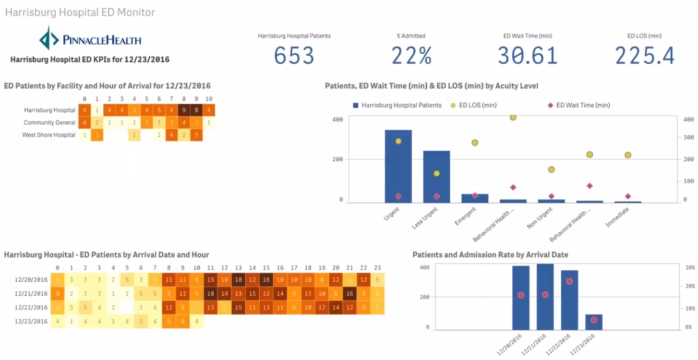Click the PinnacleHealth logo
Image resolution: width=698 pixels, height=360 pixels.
click(x=90, y=39)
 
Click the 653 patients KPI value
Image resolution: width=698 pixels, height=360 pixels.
click(x=294, y=56)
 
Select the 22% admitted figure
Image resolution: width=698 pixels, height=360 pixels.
click(x=411, y=56)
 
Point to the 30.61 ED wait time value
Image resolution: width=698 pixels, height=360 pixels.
click(x=527, y=56)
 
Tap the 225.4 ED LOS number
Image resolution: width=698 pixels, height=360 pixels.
click(x=645, y=56)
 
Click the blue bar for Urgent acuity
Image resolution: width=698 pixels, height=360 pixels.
click(x=398, y=166)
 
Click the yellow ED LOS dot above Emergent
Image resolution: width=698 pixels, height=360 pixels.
click(x=475, y=143)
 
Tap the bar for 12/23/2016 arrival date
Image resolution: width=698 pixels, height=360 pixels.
click(x=593, y=322)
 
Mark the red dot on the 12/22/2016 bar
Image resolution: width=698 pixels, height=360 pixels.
click(x=569, y=281)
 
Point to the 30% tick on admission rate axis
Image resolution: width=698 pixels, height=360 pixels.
click(x=689, y=267)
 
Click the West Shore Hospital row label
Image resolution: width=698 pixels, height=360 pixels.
click(x=48, y=135)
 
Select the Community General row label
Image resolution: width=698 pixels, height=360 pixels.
click(x=49, y=123)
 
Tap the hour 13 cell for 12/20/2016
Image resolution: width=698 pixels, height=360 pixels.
click(x=238, y=280)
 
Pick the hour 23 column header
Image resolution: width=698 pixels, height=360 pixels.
click(x=377, y=268)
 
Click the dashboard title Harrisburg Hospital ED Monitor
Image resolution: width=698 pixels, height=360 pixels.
click(x=80, y=12)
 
